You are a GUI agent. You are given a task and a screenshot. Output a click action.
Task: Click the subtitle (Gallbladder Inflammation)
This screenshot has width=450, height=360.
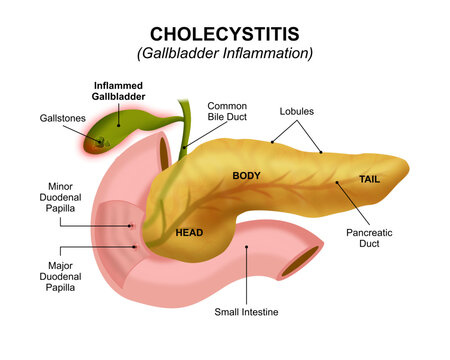tap(224, 52)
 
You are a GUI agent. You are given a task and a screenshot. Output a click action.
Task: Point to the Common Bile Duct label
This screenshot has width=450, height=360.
tap(226, 111)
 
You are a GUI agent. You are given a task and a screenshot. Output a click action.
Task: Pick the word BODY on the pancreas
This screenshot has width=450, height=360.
tap(246, 176)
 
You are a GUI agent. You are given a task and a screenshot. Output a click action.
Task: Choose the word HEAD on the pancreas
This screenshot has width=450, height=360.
tap(189, 233)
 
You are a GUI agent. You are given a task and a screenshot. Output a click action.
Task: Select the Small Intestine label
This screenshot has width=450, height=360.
tap(246, 312)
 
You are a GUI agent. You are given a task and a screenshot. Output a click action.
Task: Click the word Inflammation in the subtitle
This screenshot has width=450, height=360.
tap(264, 52)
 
